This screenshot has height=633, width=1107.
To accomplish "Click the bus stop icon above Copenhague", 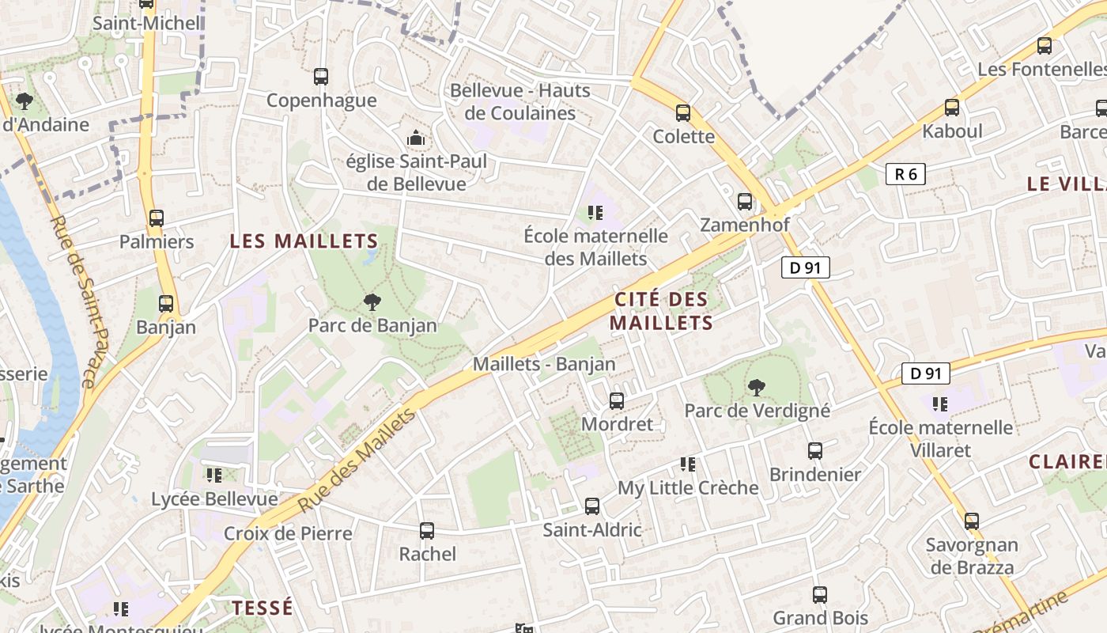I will (321, 77).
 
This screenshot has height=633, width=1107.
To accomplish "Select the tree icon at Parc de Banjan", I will (372, 301).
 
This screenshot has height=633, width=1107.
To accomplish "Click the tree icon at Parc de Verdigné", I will (757, 387).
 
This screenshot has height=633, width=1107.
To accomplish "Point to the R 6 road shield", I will (905, 174).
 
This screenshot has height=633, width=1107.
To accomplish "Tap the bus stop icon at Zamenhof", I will (745, 202).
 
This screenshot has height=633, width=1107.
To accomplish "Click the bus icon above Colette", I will (683, 113).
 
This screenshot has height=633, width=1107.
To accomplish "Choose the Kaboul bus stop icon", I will (952, 108).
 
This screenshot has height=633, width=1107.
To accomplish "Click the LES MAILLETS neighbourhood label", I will (304, 241).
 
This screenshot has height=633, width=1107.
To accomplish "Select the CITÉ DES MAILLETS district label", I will (661, 311).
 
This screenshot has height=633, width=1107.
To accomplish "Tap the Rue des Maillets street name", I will (357, 461).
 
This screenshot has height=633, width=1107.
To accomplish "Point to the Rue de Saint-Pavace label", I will (73, 301).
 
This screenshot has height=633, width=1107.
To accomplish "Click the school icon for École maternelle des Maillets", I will (595, 212).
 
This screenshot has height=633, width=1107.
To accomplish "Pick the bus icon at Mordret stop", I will (617, 401).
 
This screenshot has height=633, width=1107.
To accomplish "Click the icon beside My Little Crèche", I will (688, 464).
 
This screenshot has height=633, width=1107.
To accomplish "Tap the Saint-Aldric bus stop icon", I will (592, 506).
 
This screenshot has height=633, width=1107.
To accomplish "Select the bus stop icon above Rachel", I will (427, 531).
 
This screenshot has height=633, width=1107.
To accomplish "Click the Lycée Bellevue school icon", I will (213, 475).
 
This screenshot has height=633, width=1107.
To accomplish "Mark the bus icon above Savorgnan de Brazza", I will (972, 521).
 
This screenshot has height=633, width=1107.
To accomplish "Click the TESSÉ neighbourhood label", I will (263, 608).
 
